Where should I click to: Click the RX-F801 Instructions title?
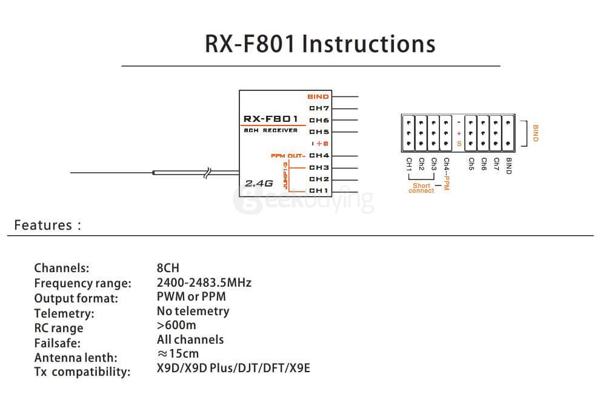pyautogui.click(x=320, y=44)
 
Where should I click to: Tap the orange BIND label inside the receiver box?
pyautogui.click(x=318, y=96)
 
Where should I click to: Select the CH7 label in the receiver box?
pyautogui.click(x=319, y=108)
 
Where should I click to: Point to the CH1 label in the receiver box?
pyautogui.click(x=319, y=190)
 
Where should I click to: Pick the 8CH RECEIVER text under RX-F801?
pyautogui.click(x=270, y=131)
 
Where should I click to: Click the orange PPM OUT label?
pyautogui.click(x=287, y=156)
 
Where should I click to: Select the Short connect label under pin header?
pyautogui.click(x=421, y=188)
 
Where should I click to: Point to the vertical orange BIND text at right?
pyautogui.click(x=535, y=133)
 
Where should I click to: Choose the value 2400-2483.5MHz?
pyautogui.click(x=204, y=282)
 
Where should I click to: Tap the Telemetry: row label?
pyautogui.click(x=64, y=313)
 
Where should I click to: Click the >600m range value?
pyautogui.click(x=176, y=325)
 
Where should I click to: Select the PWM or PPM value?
pyautogui.click(x=191, y=297)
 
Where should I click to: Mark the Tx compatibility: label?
pyautogui.click(x=82, y=372)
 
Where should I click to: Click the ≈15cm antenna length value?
pyautogui.click(x=178, y=353)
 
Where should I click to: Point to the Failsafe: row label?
pyautogui.click(x=58, y=343)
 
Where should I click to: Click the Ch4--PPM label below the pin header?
pyautogui.click(x=446, y=175)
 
